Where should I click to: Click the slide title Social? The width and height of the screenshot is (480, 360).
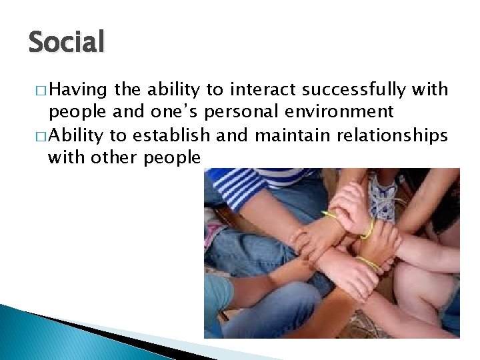click(67, 43)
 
